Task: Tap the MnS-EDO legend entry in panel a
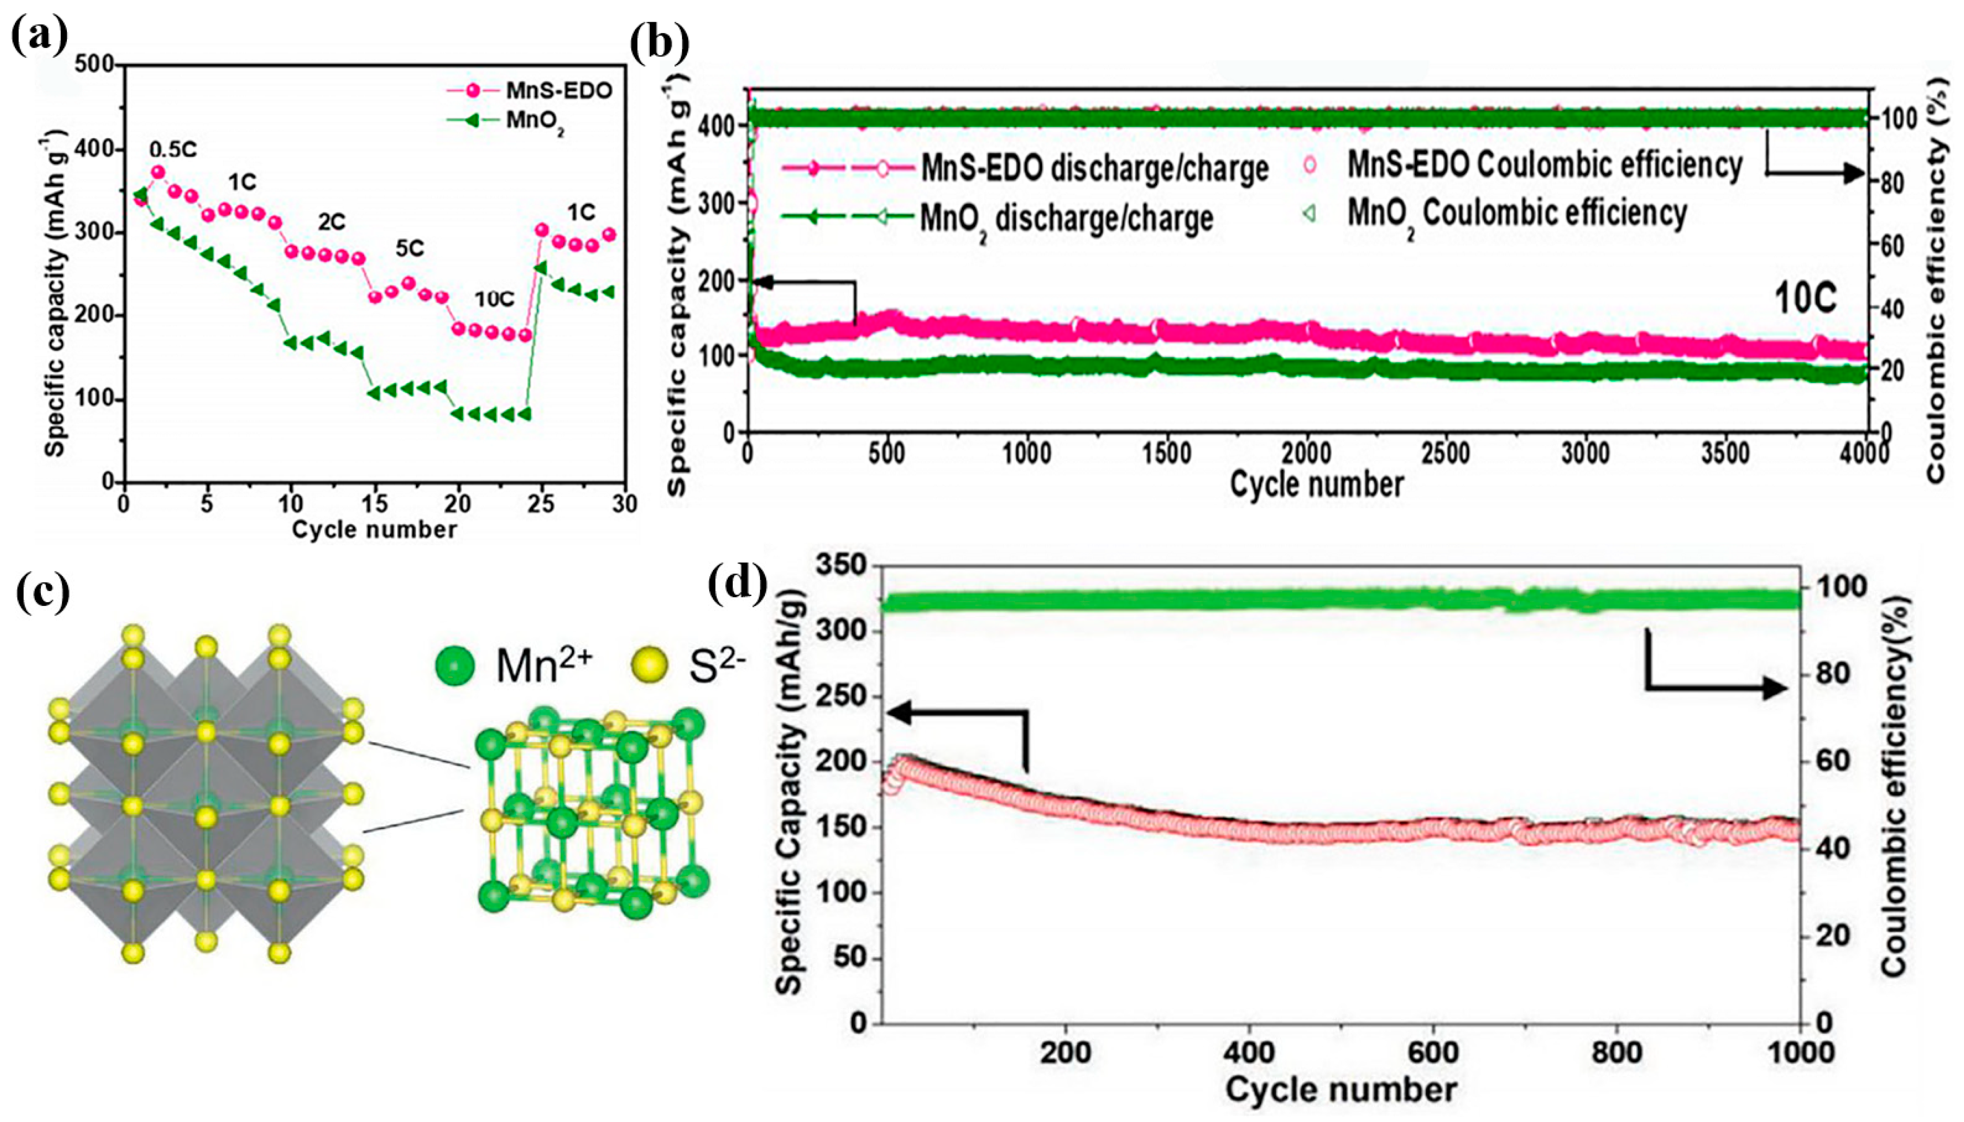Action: pyautogui.click(x=558, y=90)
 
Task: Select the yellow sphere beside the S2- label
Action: pyautogui.click(x=651, y=666)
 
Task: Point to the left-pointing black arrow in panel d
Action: pyautogui.click(x=902, y=713)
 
